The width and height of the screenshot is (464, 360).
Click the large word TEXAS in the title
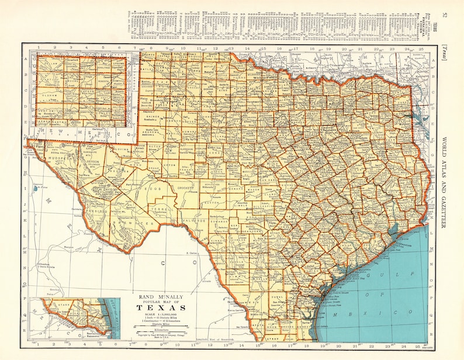[x=162, y=307]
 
